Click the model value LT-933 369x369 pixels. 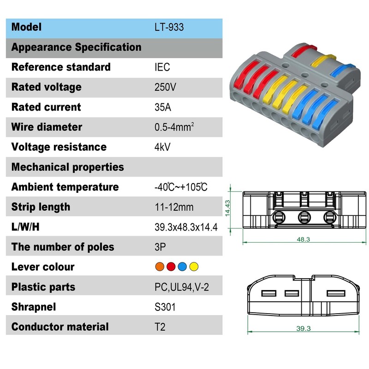[x=169, y=27]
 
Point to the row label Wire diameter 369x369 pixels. [x=47, y=127]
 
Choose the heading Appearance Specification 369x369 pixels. [x=76, y=47]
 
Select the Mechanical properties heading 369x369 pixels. [x=67, y=167]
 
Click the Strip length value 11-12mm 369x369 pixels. [x=174, y=207]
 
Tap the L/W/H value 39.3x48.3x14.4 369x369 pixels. [x=186, y=227]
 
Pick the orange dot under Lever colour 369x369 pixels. [x=160, y=267]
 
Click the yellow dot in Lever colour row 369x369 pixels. [x=194, y=267]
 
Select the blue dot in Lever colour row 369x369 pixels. [x=182, y=267]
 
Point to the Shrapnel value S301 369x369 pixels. [x=165, y=307]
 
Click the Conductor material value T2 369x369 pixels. [x=160, y=327]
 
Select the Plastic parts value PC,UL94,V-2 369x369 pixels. [x=182, y=287]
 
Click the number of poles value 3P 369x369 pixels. [x=160, y=247]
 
